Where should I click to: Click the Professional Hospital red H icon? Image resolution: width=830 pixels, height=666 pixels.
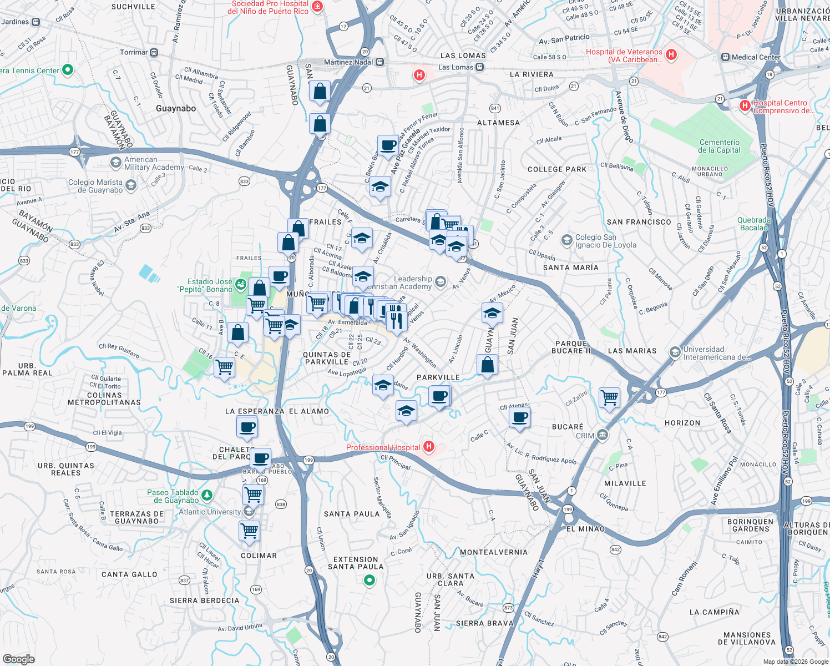[x=428, y=446]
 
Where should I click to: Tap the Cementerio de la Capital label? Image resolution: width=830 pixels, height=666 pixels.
[x=719, y=146]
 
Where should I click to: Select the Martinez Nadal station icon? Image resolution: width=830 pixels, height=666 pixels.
[x=380, y=62]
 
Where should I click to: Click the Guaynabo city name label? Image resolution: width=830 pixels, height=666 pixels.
[x=176, y=108]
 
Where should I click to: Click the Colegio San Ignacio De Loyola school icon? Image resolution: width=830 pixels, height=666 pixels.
[x=566, y=240]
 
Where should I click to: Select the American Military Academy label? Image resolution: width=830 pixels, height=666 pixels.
[x=154, y=163]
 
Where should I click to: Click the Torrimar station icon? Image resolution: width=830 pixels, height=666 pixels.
[x=154, y=53]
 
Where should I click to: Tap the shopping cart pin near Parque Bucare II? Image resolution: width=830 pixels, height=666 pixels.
[x=610, y=397]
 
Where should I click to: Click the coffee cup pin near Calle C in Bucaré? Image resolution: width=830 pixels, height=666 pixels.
[x=519, y=417]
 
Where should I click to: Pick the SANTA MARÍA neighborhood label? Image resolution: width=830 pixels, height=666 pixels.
[x=571, y=268]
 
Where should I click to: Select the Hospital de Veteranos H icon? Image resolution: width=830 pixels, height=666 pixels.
[x=671, y=54]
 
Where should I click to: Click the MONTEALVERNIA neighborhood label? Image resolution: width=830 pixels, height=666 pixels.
[x=494, y=552]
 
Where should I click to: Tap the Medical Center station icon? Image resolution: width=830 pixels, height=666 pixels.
[x=725, y=57]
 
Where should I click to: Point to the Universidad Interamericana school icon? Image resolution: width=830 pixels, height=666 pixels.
[x=675, y=352]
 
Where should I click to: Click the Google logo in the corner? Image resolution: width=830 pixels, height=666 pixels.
[x=18, y=659]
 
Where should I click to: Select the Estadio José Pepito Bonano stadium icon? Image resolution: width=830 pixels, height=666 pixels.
[x=241, y=285]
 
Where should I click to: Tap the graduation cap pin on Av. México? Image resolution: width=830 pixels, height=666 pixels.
[x=492, y=314]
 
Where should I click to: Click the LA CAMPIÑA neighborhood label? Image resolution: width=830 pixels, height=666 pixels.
[x=714, y=612]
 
